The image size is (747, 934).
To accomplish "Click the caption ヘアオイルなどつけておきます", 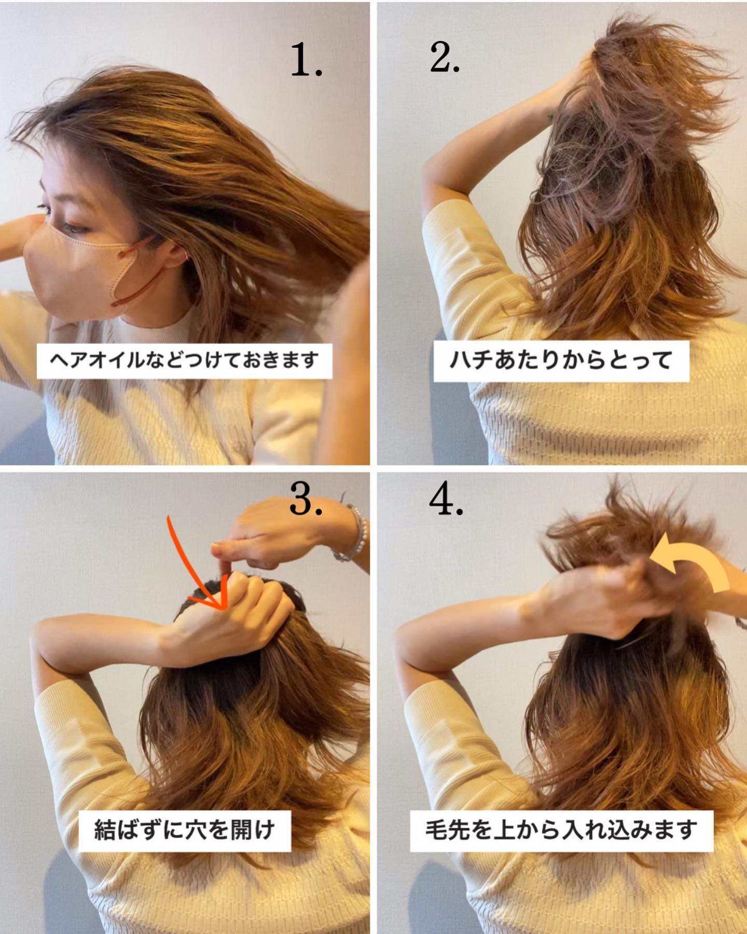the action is (184, 359).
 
